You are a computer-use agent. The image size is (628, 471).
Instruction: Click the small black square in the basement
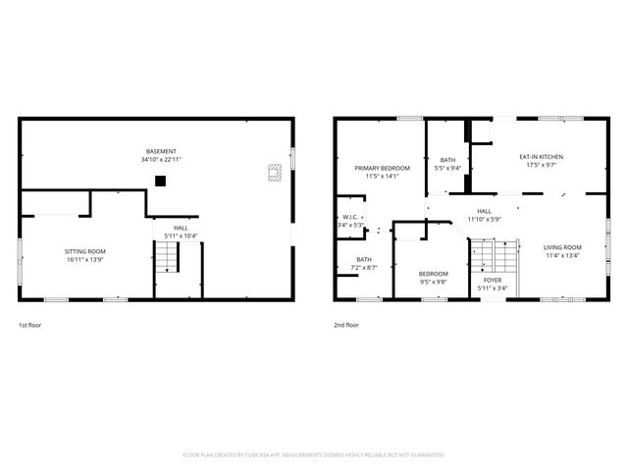161,180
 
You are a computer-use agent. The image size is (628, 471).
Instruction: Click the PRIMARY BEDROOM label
382,168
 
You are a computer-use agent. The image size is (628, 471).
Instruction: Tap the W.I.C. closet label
350,217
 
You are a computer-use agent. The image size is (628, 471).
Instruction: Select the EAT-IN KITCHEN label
541,157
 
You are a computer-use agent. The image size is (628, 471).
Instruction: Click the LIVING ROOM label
562,247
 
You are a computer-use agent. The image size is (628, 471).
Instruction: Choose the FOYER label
492,280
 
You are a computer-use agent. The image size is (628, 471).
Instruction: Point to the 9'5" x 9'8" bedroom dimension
433,281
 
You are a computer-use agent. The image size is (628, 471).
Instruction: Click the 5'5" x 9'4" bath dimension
447,168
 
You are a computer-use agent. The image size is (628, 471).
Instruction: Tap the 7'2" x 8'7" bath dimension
350,268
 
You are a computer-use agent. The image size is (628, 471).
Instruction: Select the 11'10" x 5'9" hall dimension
484,219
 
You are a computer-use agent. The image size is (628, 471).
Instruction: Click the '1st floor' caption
30,325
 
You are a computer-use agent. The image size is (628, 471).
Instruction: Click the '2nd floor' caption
346,325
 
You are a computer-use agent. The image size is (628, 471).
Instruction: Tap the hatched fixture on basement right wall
276,173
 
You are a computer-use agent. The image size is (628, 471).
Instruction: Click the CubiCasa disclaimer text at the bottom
314,454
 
